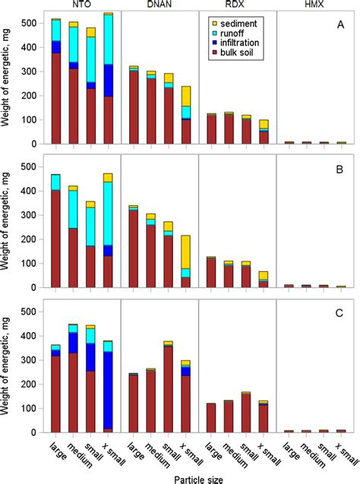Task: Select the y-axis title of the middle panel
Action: [x=9, y=220]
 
